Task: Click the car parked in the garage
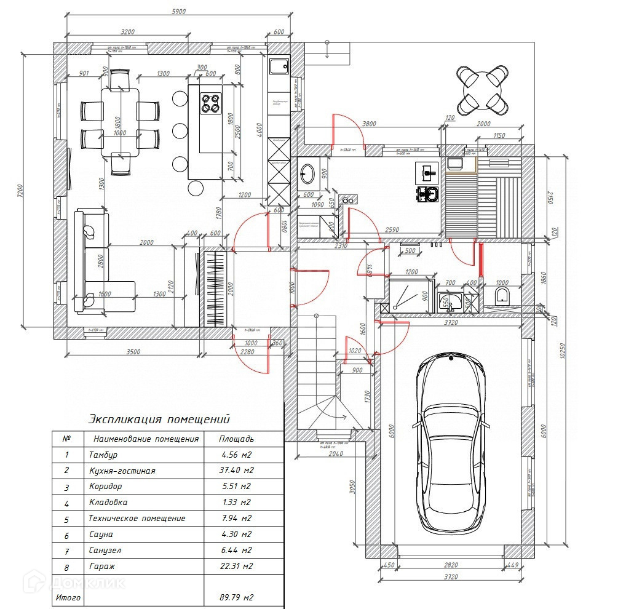(x=450, y=443)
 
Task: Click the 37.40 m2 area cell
(x=236, y=471)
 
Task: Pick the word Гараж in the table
(x=101, y=566)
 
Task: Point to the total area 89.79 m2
(x=236, y=597)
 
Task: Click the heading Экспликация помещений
(x=159, y=420)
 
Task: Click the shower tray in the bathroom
(x=408, y=297)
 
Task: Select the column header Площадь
(x=236, y=439)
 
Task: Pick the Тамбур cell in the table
(x=103, y=455)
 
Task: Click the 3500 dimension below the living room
(x=133, y=352)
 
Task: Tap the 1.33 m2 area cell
(x=236, y=503)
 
